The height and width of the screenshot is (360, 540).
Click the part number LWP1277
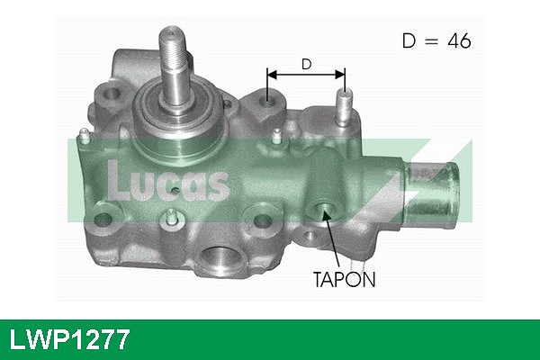(x=69, y=339)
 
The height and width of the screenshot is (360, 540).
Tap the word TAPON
(x=344, y=279)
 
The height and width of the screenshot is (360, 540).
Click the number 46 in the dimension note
(x=459, y=40)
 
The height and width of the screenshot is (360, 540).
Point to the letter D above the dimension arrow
(x=306, y=64)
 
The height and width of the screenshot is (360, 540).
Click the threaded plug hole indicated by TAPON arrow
(x=323, y=210)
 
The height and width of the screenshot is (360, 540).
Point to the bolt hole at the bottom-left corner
(x=103, y=219)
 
